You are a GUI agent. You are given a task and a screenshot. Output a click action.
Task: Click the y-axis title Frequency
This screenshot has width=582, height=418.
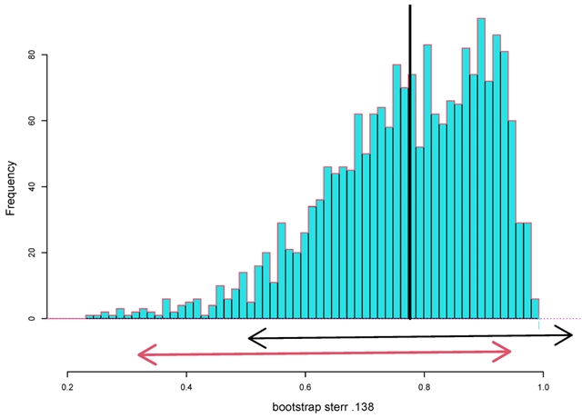click(x=12, y=186)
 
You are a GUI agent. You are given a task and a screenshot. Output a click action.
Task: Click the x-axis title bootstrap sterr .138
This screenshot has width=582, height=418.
click(x=306, y=407)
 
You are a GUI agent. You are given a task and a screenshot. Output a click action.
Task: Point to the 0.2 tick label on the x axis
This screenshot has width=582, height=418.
click(x=67, y=385)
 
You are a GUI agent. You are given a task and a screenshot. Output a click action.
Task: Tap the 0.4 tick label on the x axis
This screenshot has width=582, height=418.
click(x=186, y=385)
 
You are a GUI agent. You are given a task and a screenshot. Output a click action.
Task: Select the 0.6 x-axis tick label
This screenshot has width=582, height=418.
click(x=306, y=385)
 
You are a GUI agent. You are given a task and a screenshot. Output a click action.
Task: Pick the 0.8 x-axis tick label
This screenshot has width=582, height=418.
click(x=425, y=385)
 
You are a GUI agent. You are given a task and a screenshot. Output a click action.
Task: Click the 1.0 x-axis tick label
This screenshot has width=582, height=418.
click(x=543, y=385)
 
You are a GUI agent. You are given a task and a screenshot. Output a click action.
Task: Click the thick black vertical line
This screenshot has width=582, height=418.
click(x=410, y=164)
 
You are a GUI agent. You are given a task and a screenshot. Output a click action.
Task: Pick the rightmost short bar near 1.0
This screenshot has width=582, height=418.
click(x=535, y=309)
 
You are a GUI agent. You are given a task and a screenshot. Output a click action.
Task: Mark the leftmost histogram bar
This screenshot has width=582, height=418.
click(x=89, y=317)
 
